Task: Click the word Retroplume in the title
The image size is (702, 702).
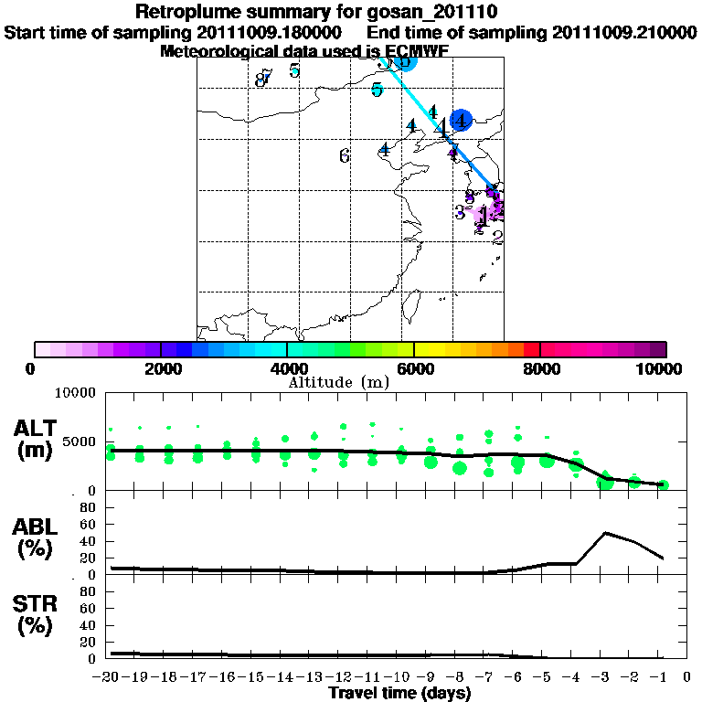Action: click(187, 12)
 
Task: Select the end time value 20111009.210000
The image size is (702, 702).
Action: click(624, 32)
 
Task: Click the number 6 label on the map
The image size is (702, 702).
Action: click(345, 156)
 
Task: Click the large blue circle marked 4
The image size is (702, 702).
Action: click(462, 120)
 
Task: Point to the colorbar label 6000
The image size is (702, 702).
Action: click(414, 369)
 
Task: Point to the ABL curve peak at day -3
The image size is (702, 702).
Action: click(606, 532)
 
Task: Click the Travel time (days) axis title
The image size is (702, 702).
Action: click(399, 694)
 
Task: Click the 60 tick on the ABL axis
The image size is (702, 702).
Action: click(90, 524)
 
